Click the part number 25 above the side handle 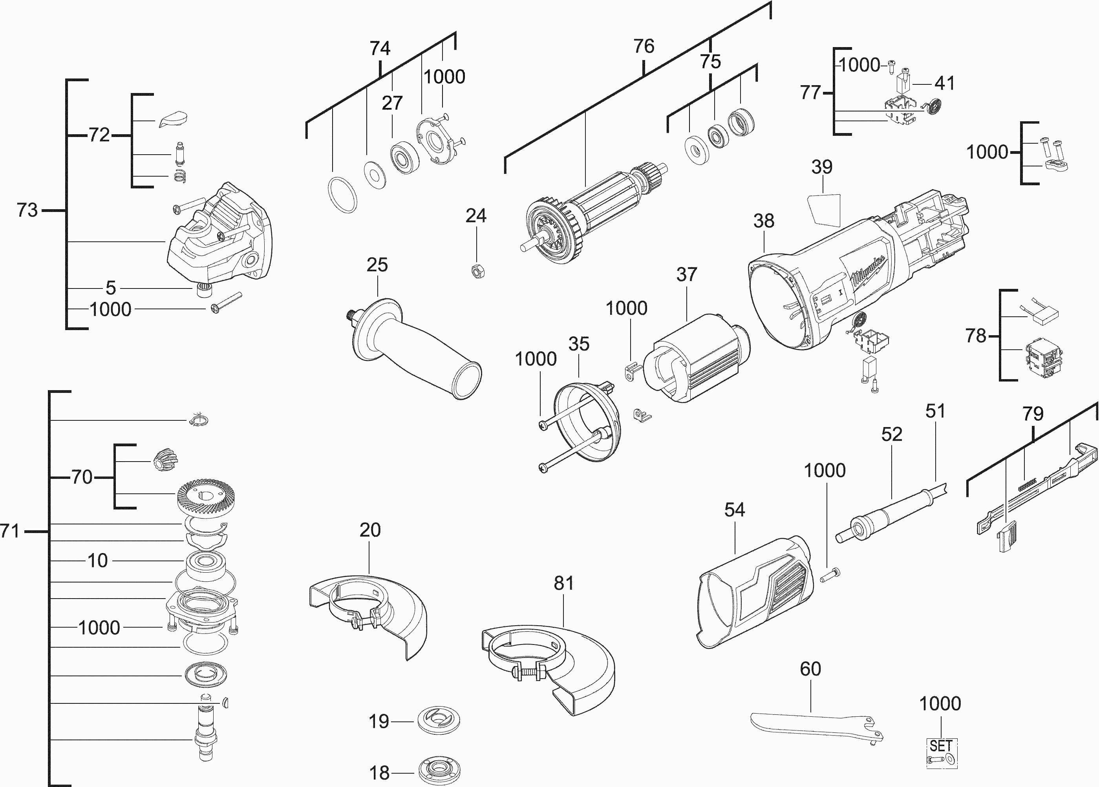pos(377,265)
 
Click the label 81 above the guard pos(563,583)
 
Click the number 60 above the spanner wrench pos(810,669)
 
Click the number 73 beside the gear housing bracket pos(27,210)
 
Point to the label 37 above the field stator pos(687,275)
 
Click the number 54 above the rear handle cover pos(734,509)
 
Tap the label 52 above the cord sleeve pos(892,434)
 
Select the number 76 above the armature pos(644,46)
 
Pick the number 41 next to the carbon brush pos(944,83)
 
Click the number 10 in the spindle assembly pos(97,561)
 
